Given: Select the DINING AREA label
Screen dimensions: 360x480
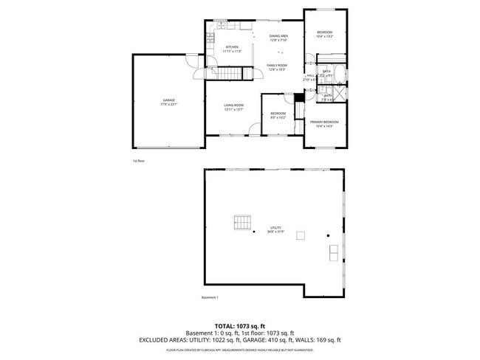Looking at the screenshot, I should click(x=278, y=38).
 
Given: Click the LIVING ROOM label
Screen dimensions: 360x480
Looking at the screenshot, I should click(x=233, y=107).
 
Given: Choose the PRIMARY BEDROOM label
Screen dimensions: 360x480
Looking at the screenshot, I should click(x=324, y=123).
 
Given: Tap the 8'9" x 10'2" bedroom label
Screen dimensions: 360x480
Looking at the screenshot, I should click(x=278, y=114).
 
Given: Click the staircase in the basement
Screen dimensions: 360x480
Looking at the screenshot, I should click(x=241, y=222).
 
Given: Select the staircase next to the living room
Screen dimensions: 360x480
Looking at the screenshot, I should click(x=230, y=73).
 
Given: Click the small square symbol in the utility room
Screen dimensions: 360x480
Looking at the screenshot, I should click(x=301, y=235).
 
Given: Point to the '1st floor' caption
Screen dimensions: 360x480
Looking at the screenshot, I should click(x=138, y=160).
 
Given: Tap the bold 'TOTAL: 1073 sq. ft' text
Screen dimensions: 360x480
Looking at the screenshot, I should click(x=240, y=325).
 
